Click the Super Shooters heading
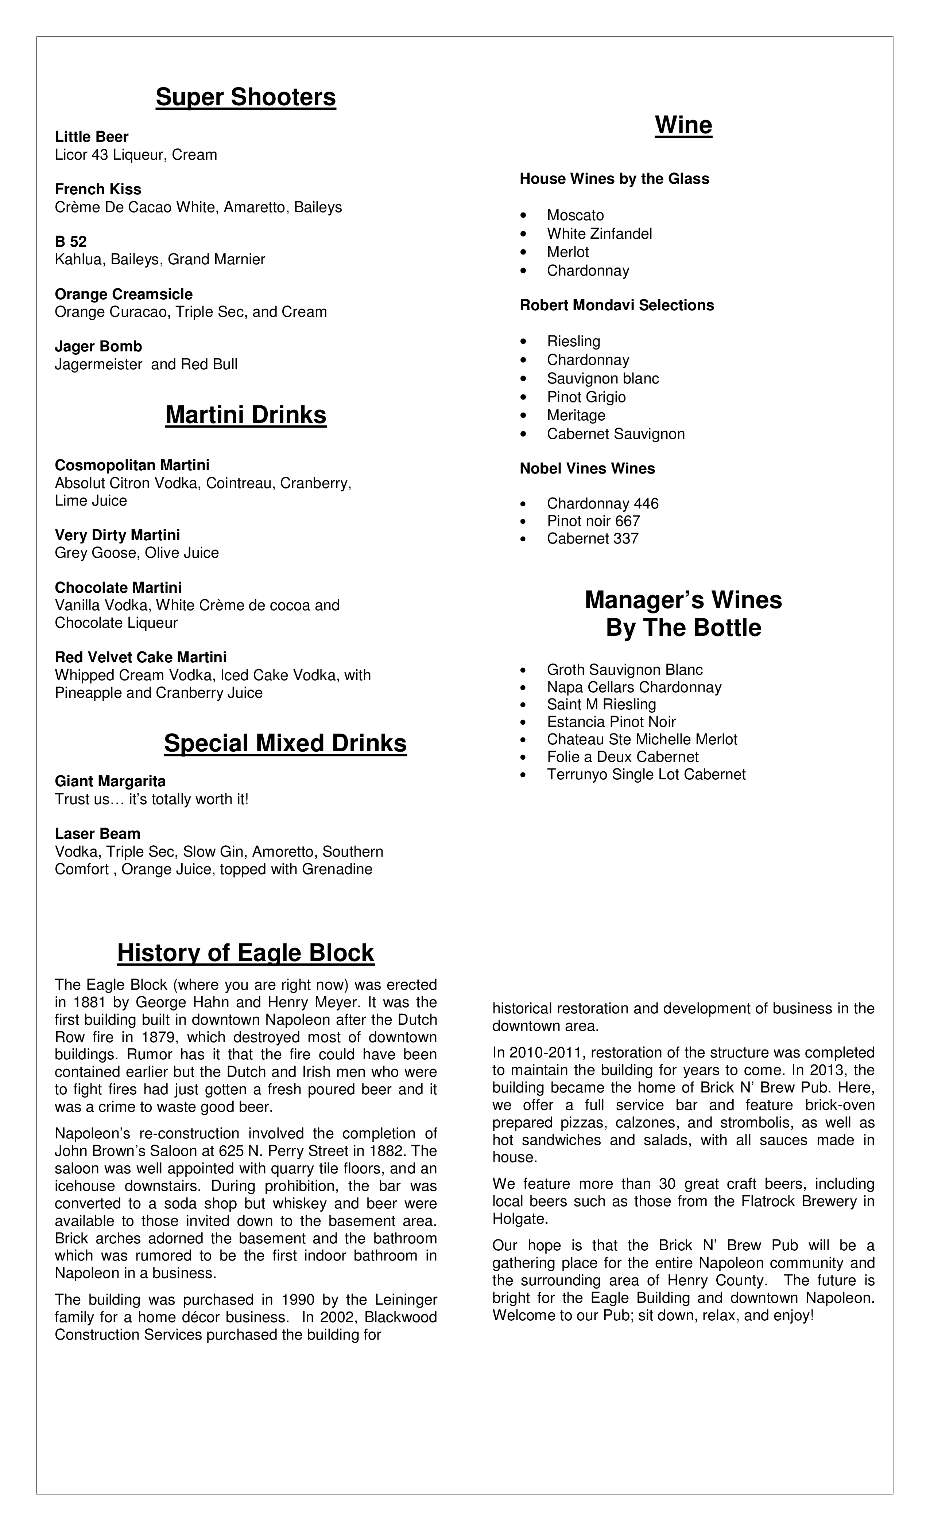(x=245, y=98)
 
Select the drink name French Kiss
(x=98, y=190)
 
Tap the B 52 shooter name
(x=71, y=242)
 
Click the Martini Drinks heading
(x=245, y=415)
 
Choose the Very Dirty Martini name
(x=117, y=535)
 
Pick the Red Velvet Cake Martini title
(x=140, y=657)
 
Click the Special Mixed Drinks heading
(x=285, y=744)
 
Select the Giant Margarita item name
(x=110, y=782)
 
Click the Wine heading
(x=683, y=125)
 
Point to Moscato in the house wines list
(x=575, y=215)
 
